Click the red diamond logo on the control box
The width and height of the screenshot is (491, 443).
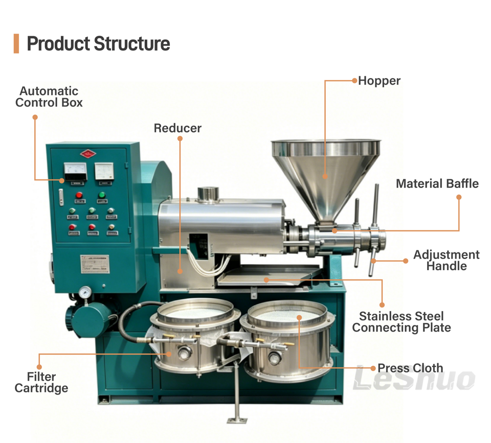(x=88, y=153)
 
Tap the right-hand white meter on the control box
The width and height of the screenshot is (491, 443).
(x=104, y=171)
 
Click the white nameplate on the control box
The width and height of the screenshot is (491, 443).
(x=95, y=264)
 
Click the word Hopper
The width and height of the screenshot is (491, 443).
(x=379, y=81)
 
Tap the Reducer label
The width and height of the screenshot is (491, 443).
(x=177, y=128)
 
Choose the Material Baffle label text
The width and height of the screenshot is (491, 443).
(x=437, y=183)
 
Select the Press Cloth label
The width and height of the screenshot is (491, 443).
(x=410, y=368)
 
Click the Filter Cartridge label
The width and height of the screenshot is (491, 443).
(x=41, y=383)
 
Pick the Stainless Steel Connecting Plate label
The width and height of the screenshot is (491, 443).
(x=401, y=322)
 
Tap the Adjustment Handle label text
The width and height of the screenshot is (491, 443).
(x=447, y=260)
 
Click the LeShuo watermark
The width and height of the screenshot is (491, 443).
(x=415, y=379)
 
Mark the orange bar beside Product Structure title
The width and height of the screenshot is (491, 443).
(x=16, y=44)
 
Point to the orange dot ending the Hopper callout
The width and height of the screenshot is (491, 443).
(x=354, y=81)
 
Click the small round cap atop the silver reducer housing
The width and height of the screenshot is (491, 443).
(x=208, y=194)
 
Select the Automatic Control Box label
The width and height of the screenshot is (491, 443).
(x=49, y=97)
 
